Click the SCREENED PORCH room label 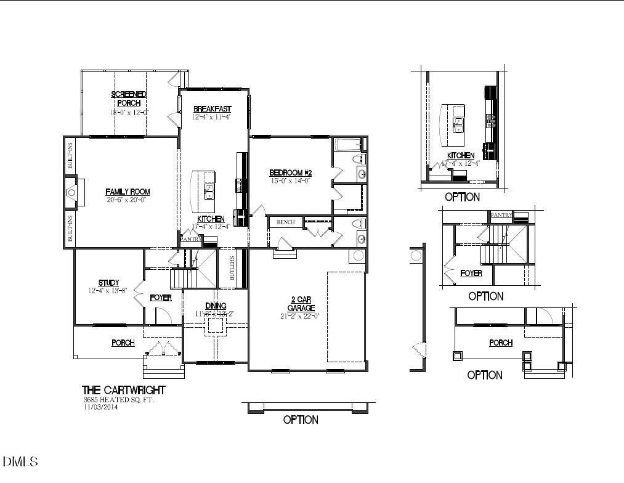129,99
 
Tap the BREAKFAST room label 212,108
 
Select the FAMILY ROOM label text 128,192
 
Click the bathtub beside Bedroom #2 348,145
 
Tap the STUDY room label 108,283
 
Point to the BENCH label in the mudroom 285,222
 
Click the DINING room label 216,306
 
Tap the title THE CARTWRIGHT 124,390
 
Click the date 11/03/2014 100,407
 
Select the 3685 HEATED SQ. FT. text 118,399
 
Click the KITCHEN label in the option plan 461,155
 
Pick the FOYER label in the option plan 471,273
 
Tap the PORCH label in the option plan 500,343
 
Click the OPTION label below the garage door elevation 301,420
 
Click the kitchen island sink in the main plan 209,191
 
